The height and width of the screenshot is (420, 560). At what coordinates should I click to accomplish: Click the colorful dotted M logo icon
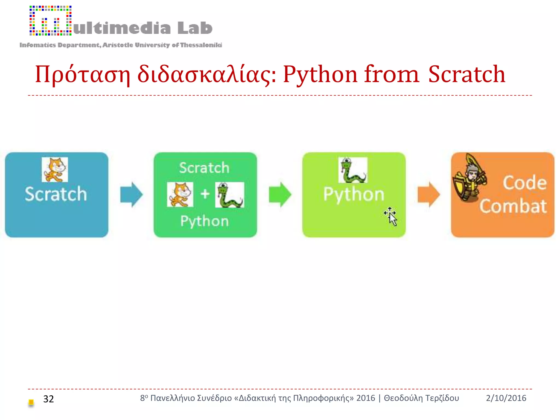51,21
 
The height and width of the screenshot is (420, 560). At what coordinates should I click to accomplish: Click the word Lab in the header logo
195,28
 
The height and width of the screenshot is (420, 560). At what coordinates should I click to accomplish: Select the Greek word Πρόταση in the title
82,74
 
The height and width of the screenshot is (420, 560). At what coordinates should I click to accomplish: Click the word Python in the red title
320,74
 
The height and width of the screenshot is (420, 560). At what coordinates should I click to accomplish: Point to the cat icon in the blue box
55,170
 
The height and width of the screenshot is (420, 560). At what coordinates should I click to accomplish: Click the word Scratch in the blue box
56,194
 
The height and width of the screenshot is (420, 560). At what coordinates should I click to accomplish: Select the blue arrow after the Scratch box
132,194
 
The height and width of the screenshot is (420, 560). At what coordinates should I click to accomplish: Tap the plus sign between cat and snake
205,194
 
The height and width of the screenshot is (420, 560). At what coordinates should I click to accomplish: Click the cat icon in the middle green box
180,194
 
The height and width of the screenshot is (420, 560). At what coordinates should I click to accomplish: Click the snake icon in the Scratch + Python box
229,195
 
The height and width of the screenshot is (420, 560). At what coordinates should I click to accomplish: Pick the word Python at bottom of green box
205,221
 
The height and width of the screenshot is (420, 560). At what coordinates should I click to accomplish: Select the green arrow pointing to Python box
280,194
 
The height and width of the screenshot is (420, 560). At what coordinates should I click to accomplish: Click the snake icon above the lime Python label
353,170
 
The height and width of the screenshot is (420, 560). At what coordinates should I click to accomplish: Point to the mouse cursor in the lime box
392,217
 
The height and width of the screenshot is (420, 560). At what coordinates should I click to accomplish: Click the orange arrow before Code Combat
428,194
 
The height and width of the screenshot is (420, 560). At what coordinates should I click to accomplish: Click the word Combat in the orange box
513,206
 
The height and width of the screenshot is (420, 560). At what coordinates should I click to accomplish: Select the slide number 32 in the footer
48,399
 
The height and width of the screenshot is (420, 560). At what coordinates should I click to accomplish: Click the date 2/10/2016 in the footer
506,398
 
